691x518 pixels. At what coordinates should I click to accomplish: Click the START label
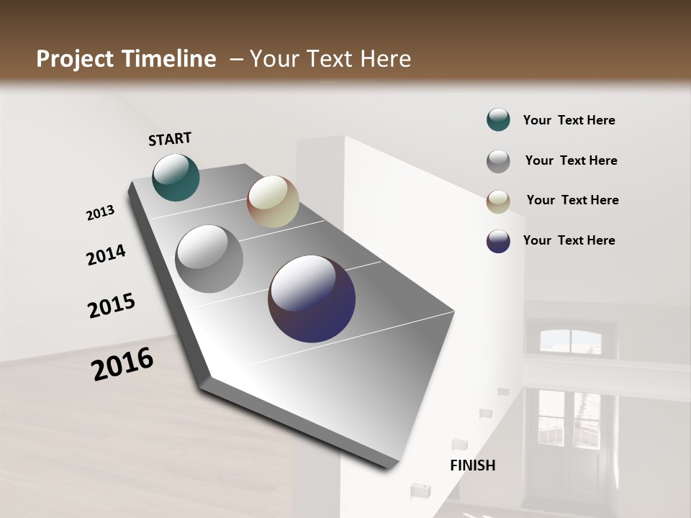170,139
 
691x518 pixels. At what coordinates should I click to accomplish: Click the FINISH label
473,465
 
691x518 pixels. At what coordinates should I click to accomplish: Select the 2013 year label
101,213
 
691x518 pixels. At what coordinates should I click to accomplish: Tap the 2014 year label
107,255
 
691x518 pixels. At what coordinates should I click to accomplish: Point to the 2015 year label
112,306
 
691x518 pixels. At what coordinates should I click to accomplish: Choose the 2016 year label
122,363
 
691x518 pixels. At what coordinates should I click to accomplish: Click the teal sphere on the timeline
176,178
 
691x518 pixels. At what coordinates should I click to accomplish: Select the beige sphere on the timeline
273,201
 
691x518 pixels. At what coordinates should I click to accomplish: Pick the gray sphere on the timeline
209,259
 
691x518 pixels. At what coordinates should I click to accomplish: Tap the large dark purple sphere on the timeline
312,299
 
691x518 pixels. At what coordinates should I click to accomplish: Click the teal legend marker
498,120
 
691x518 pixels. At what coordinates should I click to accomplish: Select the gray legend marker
498,161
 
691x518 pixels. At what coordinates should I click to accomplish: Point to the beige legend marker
498,201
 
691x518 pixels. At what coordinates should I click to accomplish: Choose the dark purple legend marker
498,241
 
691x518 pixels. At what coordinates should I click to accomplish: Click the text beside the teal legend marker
569,121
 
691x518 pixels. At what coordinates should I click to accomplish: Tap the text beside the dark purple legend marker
569,240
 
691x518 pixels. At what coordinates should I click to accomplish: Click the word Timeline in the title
168,59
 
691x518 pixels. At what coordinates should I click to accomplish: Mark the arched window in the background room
570,341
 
